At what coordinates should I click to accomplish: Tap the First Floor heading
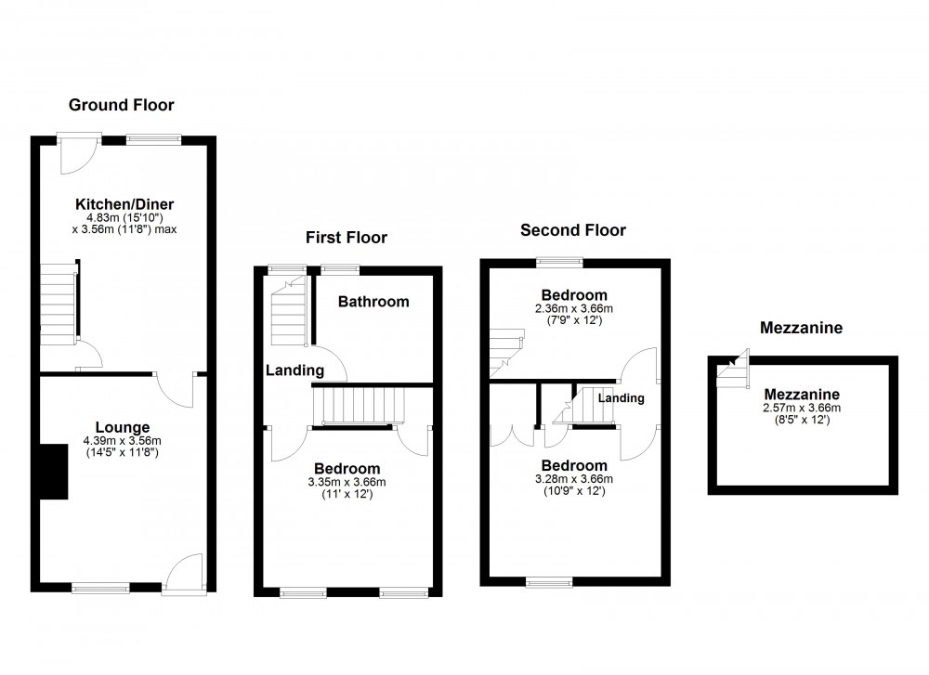pyautogui.click(x=347, y=238)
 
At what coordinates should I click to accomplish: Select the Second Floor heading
pyautogui.click(x=572, y=230)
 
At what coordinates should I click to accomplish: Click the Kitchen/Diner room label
pyautogui.click(x=124, y=204)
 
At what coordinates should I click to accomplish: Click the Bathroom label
pyautogui.click(x=373, y=302)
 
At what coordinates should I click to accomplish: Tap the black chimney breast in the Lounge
pyautogui.click(x=53, y=472)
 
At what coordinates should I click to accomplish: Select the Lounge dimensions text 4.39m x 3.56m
pyautogui.click(x=122, y=441)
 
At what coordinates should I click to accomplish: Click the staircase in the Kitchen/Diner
pyautogui.click(x=58, y=304)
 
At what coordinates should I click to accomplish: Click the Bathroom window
pyautogui.click(x=341, y=270)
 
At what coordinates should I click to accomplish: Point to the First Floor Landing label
pyautogui.click(x=294, y=370)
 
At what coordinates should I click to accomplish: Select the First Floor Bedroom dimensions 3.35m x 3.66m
pyautogui.click(x=347, y=482)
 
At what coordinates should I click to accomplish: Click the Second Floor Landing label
pyautogui.click(x=621, y=398)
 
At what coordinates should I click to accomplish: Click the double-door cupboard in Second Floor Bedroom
pyautogui.click(x=514, y=435)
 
